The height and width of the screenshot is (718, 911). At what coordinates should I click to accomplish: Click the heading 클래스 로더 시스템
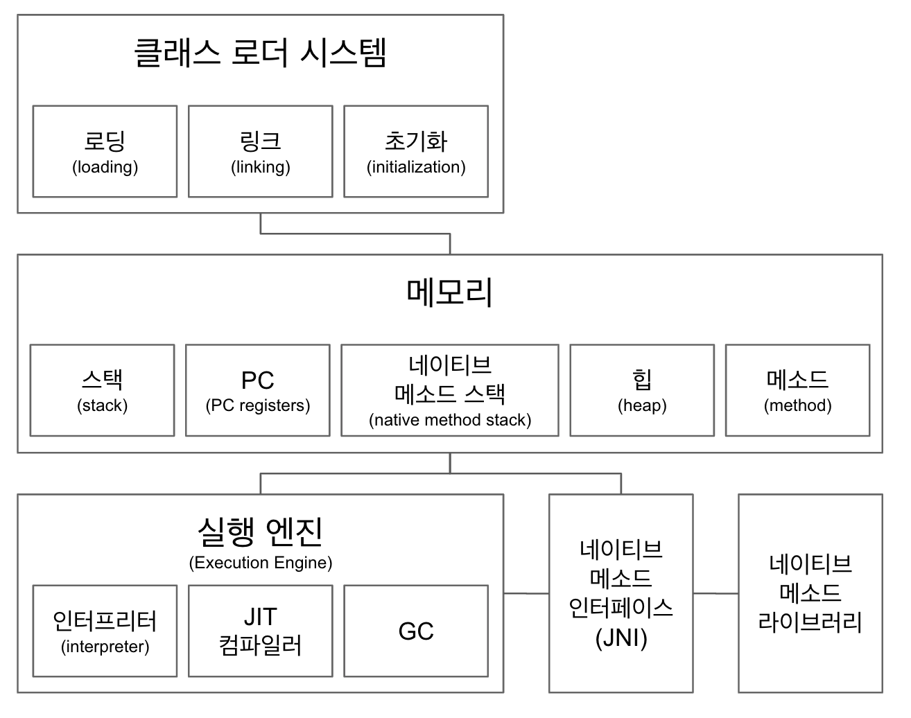(x=260, y=53)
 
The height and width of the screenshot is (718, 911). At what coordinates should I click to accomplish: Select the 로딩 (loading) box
(x=105, y=152)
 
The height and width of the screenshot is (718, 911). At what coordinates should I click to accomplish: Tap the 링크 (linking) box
(x=260, y=152)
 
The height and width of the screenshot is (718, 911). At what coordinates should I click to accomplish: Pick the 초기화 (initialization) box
(x=416, y=152)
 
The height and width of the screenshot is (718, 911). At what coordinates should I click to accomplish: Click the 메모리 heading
(x=449, y=292)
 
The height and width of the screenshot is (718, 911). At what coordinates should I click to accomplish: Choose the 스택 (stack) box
(x=102, y=390)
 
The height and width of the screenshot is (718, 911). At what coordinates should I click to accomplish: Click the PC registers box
(x=257, y=390)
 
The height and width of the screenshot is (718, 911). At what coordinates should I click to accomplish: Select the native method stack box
(x=449, y=390)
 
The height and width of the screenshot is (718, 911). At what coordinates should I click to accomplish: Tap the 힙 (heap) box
(x=642, y=390)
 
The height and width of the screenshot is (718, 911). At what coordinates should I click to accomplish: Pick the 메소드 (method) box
(x=797, y=390)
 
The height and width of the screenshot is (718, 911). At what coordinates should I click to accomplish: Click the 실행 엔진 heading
(x=260, y=532)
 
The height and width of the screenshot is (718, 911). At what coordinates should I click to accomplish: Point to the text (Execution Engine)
(x=260, y=563)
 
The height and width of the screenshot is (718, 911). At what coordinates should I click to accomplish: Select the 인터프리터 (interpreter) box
(x=105, y=631)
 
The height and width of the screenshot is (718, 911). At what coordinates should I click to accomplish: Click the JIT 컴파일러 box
(x=260, y=631)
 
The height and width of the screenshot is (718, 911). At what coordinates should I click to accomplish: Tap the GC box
(x=416, y=631)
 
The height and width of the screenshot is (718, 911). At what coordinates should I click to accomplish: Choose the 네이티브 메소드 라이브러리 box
(x=810, y=593)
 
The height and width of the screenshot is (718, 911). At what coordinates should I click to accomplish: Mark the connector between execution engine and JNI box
(x=526, y=593)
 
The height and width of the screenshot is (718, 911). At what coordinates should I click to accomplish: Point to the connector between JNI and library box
(x=715, y=593)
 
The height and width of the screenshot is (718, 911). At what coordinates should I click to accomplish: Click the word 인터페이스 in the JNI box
(x=621, y=608)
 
